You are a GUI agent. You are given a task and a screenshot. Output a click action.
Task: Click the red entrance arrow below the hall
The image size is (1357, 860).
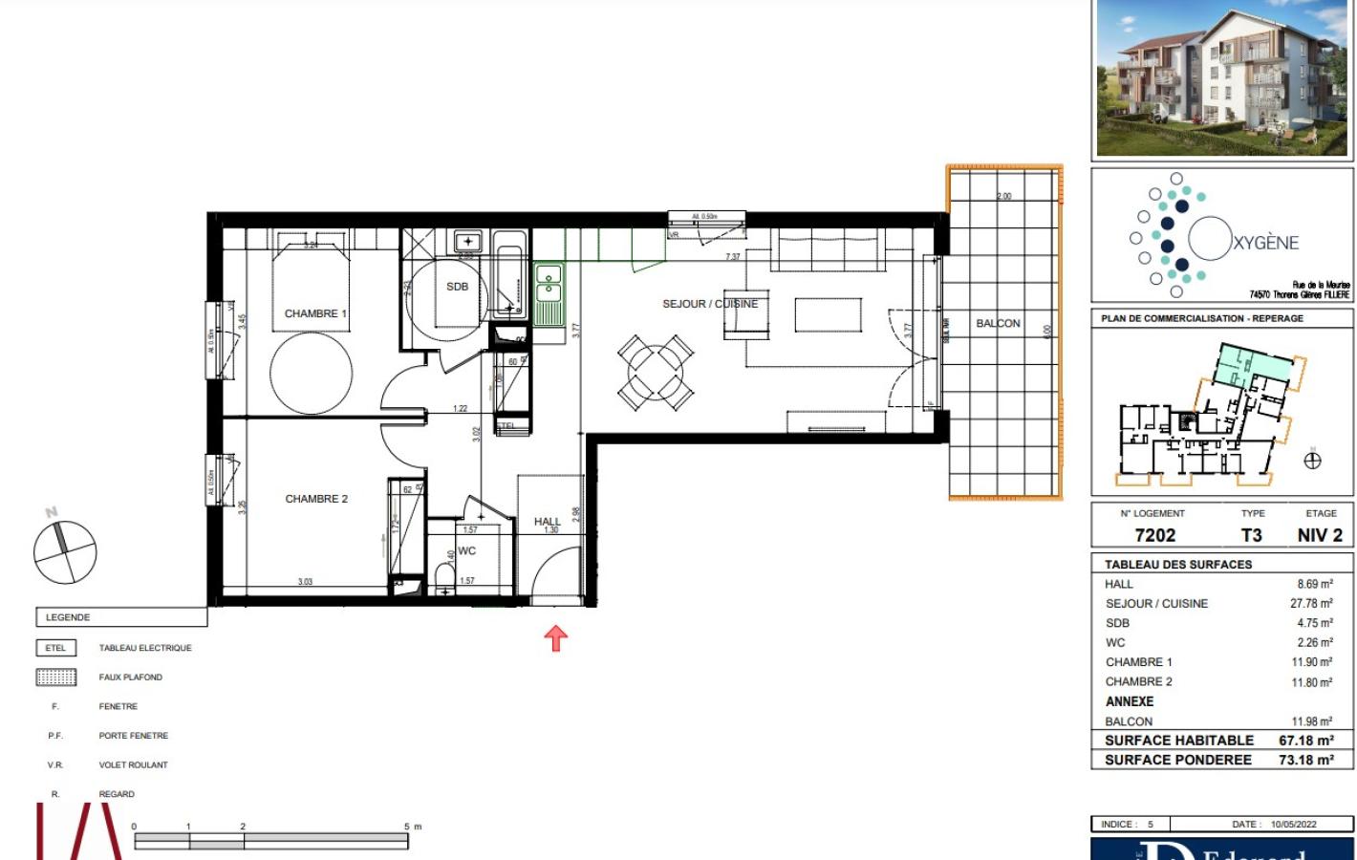(x=555, y=637)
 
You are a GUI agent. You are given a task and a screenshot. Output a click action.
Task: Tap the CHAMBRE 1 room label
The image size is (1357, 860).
(x=315, y=313)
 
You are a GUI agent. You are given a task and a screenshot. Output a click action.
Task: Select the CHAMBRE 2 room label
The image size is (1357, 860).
(x=316, y=499)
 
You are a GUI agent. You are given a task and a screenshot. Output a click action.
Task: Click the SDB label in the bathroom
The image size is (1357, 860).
(x=457, y=287)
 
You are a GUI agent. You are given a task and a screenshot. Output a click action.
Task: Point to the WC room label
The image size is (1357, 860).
(x=466, y=550)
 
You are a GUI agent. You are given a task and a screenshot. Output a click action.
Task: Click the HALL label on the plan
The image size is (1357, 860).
(x=547, y=522)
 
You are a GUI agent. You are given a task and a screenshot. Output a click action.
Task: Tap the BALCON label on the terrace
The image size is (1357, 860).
(x=998, y=323)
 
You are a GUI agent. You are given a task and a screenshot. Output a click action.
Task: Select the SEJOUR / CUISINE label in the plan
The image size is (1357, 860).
(x=709, y=304)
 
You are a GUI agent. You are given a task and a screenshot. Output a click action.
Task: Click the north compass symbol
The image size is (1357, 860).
(x=65, y=551)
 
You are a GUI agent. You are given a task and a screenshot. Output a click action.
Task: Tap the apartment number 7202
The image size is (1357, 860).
(x=1154, y=536)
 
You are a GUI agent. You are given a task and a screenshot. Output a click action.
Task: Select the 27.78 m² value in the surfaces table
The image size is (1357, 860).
(x=1311, y=604)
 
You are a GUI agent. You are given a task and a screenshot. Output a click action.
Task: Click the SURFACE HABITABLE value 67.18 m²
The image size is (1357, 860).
(x=1305, y=741)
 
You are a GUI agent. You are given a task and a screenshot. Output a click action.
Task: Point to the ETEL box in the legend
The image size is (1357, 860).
(x=55, y=648)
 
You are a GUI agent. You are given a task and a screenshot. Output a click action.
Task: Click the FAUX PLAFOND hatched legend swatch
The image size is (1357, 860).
(x=55, y=677)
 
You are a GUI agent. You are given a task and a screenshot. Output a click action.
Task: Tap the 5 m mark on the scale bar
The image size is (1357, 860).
(x=408, y=828)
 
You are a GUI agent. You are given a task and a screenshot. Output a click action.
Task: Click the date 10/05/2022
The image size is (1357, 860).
(x=1293, y=824)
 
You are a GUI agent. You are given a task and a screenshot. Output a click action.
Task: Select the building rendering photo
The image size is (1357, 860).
(x=1221, y=78)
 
